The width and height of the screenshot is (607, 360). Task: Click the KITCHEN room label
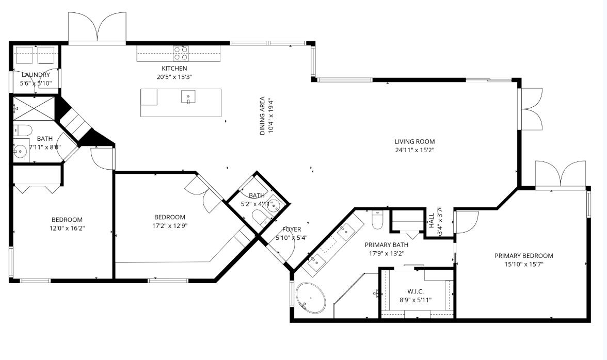pyautogui.click(x=174, y=68)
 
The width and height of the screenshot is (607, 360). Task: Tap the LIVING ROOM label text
pyautogui.click(x=414, y=141)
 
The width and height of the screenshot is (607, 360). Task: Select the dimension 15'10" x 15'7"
pyautogui.click(x=523, y=264)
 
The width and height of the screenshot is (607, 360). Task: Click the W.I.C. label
pyautogui.click(x=416, y=291)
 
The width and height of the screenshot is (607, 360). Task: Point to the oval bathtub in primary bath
pyautogui.click(x=311, y=298)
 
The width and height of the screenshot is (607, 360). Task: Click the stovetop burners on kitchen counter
pyautogui.click(x=181, y=53)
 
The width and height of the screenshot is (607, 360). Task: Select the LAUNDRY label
pyautogui.click(x=36, y=75)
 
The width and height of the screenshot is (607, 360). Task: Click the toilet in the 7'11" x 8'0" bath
pyautogui.click(x=23, y=129)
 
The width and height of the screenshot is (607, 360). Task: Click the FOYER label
pyautogui.click(x=292, y=229)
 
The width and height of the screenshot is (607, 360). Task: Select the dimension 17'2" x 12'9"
pyautogui.click(x=169, y=225)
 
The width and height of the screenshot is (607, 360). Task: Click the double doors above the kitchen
pyautogui.click(x=97, y=28)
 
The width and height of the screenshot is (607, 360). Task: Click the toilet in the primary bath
pyautogui.click(x=377, y=220)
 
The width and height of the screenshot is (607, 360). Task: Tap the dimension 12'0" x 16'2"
pyautogui.click(x=67, y=228)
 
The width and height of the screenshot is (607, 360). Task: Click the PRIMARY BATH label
pyautogui.click(x=386, y=245)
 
